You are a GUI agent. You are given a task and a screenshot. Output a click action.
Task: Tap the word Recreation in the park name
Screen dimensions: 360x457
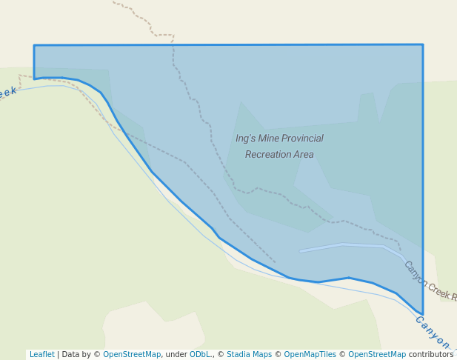pos(268,155)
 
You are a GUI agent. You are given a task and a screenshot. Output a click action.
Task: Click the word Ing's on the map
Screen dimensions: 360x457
pos(244,139)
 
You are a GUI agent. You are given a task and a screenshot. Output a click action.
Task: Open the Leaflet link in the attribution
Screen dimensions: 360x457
pos(41,355)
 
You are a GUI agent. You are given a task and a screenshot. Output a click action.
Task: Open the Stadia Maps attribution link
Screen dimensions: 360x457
pos(249,355)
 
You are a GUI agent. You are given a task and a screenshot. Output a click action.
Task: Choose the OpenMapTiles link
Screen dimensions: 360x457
pos(310,355)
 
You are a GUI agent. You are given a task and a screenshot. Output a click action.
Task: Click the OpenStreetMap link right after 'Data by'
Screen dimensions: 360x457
pos(132,355)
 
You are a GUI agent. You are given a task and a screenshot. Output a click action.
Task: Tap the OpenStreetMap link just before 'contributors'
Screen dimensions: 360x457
pos(377,355)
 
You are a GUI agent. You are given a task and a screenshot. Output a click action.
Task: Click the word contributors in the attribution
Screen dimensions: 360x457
pos(431,355)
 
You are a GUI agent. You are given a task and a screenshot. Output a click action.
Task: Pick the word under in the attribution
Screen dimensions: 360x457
pos(176,355)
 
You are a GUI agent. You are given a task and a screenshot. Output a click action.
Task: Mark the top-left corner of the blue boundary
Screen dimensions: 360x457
pos(34,45)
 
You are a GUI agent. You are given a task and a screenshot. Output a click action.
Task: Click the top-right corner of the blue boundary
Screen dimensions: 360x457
pos(423,44)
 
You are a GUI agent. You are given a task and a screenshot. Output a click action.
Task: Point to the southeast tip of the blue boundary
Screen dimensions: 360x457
pos(422,315)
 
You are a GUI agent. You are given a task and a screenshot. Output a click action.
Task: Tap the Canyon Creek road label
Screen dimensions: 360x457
pos(429,281)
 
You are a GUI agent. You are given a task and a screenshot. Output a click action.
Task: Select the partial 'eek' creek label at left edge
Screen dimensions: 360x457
pos(7,93)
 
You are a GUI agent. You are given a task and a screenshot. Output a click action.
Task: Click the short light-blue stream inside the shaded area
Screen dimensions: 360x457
pos(348,246)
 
